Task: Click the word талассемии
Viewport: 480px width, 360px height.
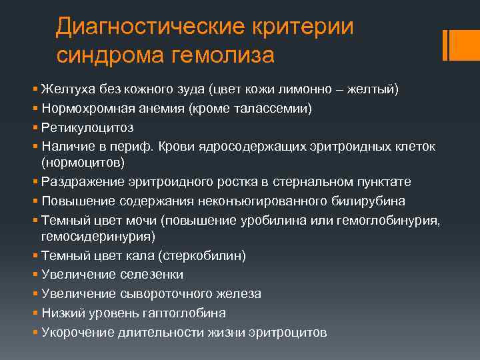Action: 276,107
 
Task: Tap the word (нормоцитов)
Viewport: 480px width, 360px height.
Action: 83,162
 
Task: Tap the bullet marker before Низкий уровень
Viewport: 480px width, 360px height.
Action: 35,313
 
